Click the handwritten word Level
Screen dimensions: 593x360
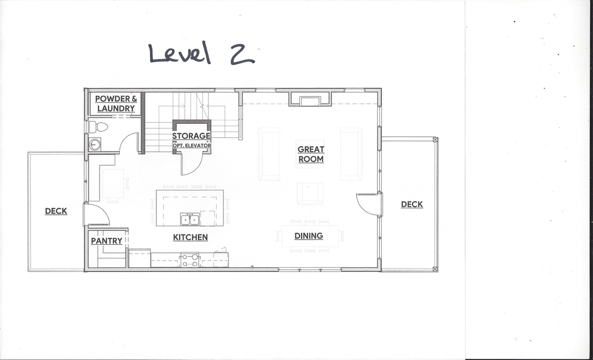point(180,53)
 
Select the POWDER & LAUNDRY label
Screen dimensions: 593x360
point(116,104)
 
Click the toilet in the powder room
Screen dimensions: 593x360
point(98,127)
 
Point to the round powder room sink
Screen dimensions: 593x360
point(94,144)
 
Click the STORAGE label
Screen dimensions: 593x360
point(191,136)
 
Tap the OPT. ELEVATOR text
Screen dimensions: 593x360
point(192,145)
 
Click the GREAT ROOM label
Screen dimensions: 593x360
point(311,155)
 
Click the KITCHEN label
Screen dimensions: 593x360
point(190,237)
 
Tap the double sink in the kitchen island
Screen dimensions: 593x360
point(190,219)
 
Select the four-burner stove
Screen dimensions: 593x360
point(190,259)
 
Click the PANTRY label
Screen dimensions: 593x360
point(107,241)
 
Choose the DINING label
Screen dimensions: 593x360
point(309,236)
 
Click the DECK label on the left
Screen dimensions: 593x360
point(56,211)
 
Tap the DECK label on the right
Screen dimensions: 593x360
point(412,204)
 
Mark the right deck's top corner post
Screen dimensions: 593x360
point(435,139)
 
